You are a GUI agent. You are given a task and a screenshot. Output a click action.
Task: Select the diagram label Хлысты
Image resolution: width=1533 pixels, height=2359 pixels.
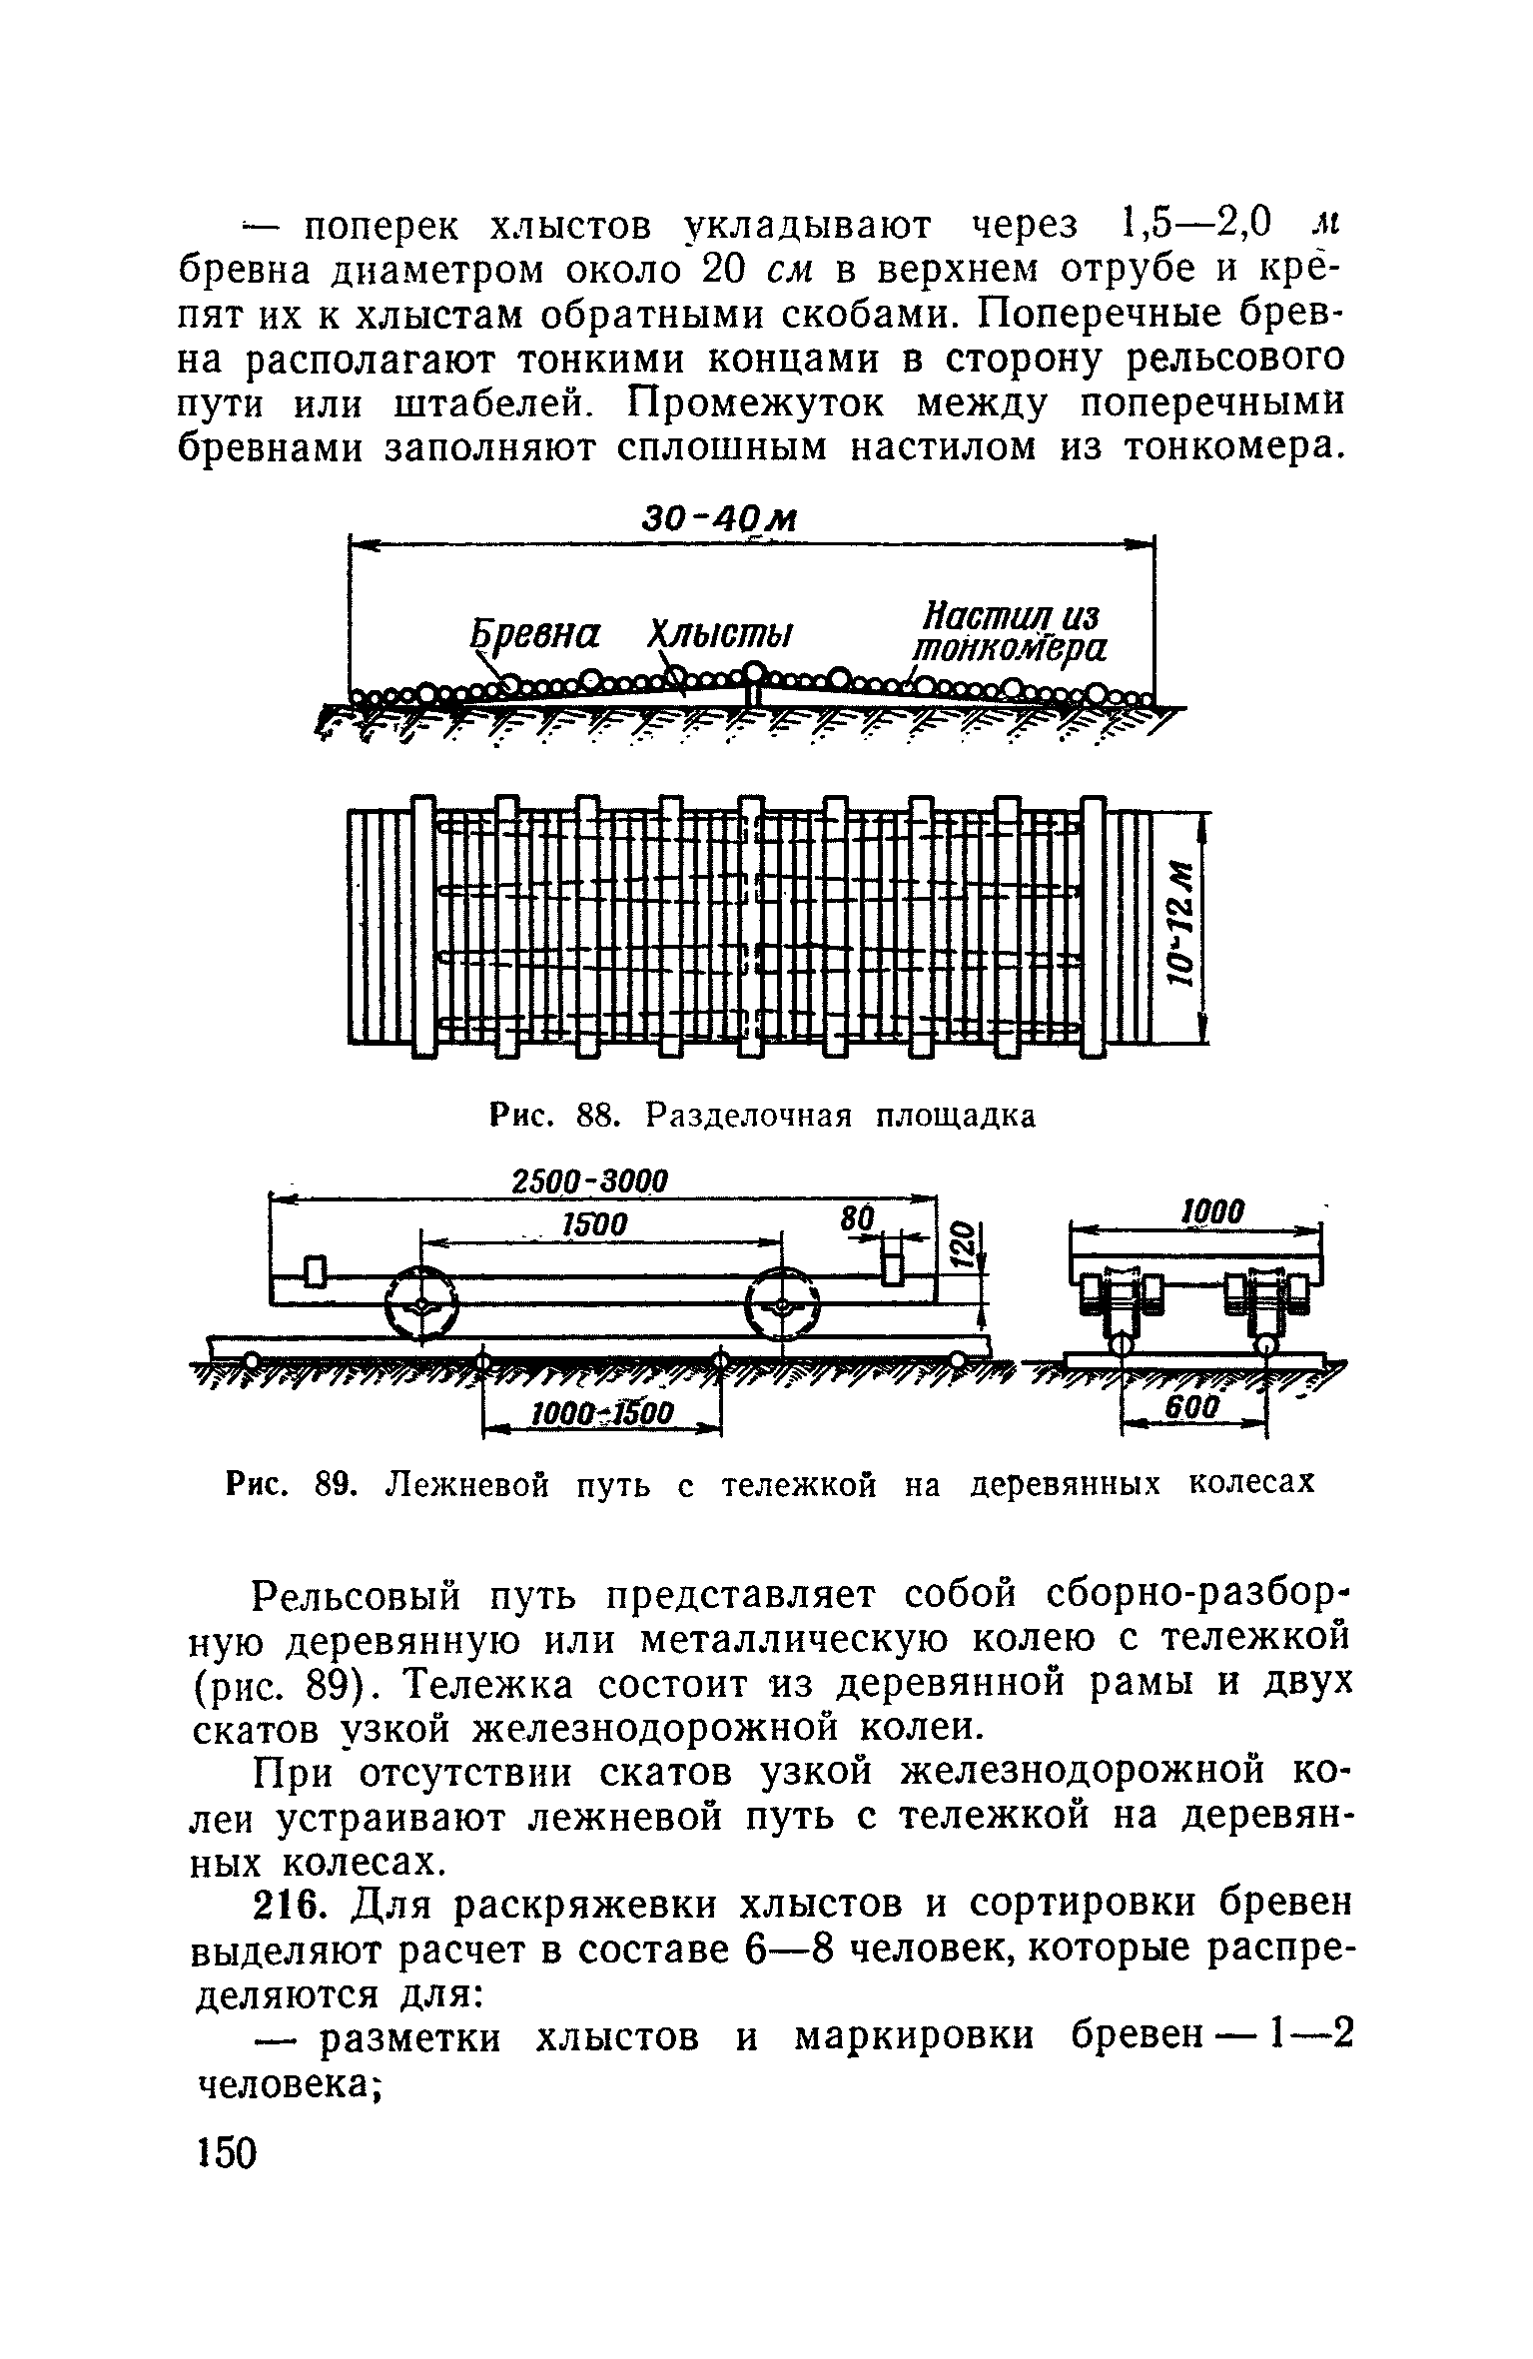pyautogui.click(x=720, y=633)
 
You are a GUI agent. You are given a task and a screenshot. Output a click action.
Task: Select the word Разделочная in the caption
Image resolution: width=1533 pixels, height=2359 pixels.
pyautogui.click(x=749, y=1115)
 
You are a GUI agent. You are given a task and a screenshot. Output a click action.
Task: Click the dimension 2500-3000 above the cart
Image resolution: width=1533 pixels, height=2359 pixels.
pyautogui.click(x=588, y=1179)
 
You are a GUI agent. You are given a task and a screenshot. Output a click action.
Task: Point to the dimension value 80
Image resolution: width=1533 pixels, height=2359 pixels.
pyautogui.click(x=857, y=1219)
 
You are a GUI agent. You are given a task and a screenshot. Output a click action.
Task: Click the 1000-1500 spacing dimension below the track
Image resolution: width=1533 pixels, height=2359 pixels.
pyautogui.click(x=603, y=1413)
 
